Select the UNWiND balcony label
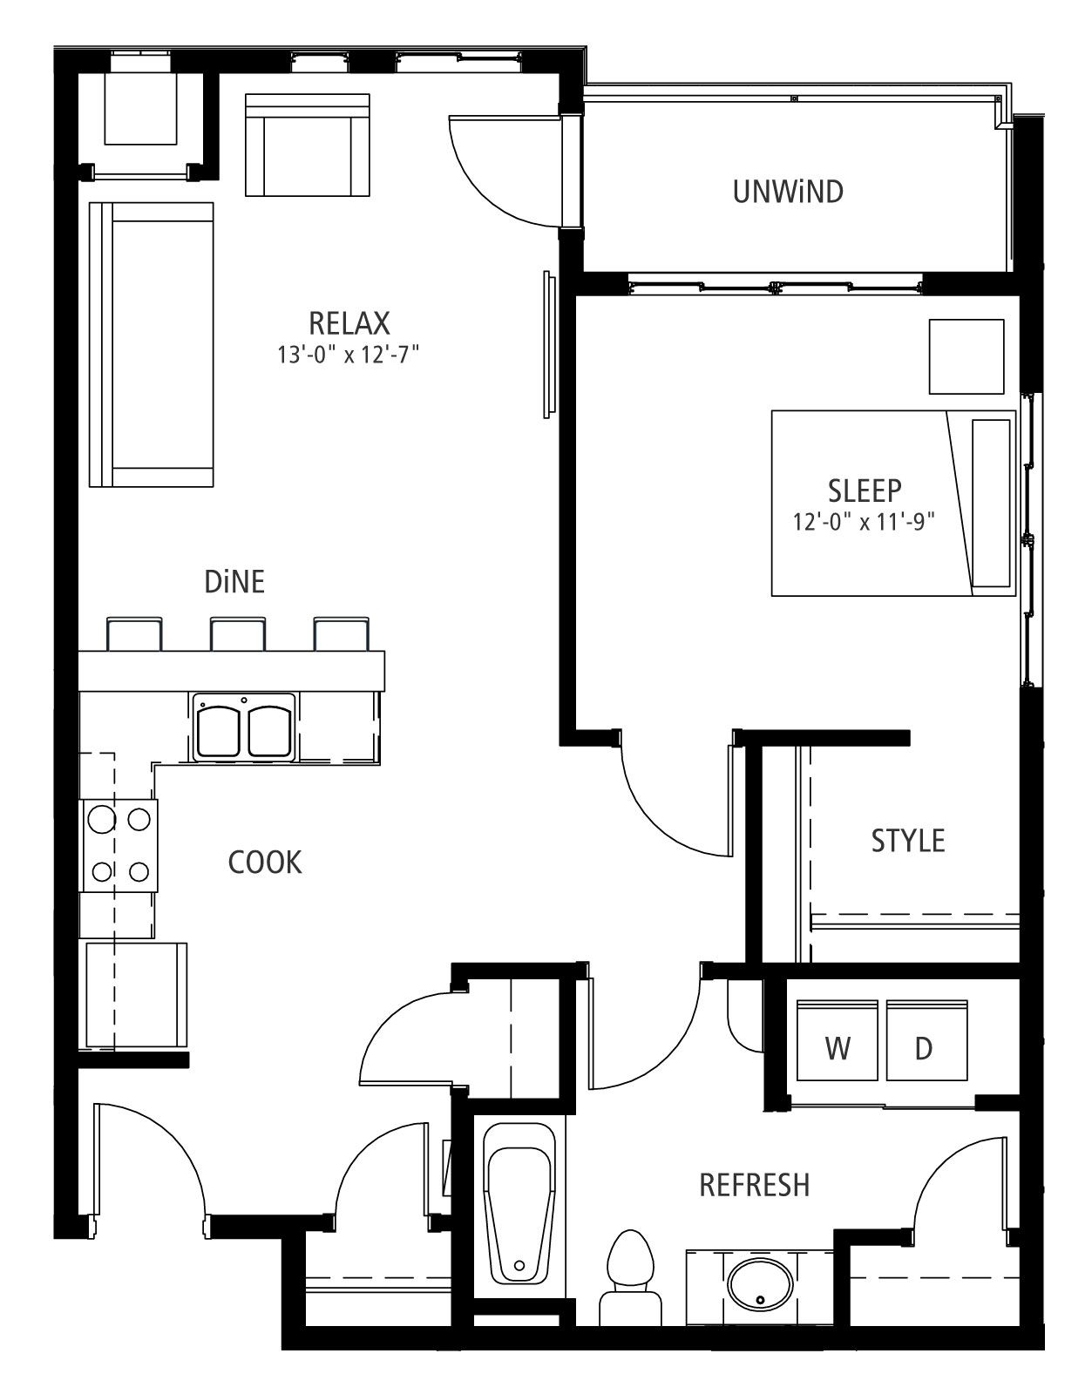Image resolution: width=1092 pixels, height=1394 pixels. tap(788, 192)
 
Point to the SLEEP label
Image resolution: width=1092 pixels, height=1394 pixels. tap(865, 491)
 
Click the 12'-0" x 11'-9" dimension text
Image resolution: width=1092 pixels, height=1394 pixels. tap(864, 522)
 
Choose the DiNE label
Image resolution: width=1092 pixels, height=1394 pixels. tap(234, 582)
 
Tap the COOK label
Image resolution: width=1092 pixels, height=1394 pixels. tap(265, 863)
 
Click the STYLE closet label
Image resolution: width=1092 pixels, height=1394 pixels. tap(908, 841)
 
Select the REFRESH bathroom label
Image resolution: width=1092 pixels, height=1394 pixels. tap(754, 1186)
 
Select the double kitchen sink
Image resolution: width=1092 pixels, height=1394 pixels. tap(244, 727)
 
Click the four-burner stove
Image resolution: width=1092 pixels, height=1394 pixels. tap(119, 845)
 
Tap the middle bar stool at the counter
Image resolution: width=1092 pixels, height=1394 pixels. tap(237, 634)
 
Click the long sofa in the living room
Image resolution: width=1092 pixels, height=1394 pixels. tap(152, 345)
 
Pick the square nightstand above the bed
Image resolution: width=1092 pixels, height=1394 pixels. tap(967, 356)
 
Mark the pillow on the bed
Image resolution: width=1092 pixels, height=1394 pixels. tap(991, 504)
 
